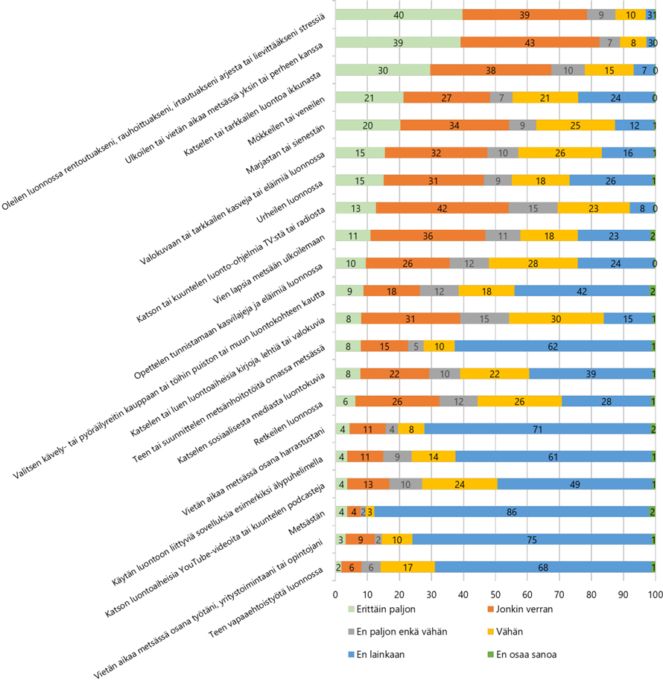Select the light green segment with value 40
pos(399,15)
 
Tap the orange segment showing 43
pos(530,42)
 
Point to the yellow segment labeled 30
pos(556,318)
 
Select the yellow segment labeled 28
pos(533,263)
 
